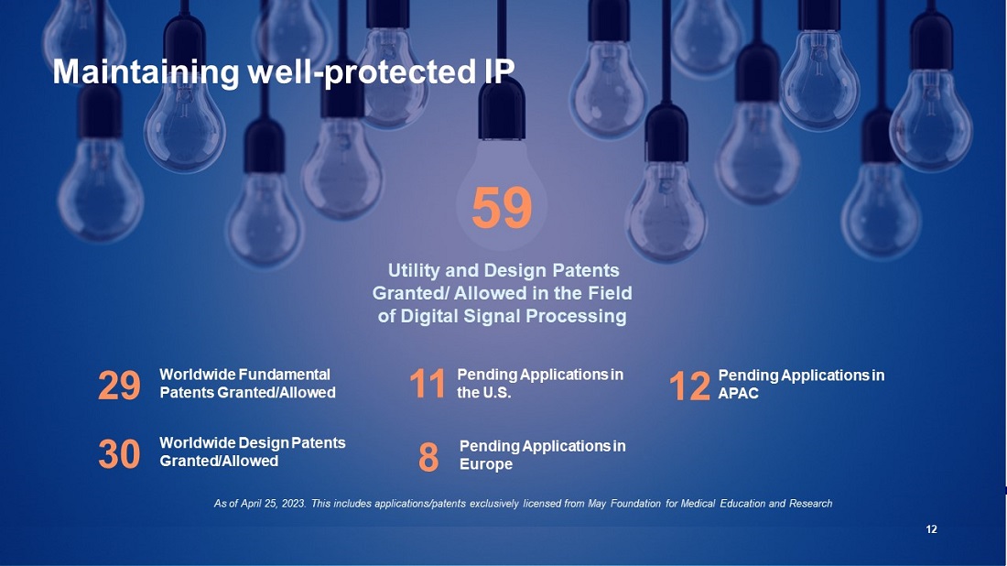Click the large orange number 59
pyautogui.click(x=502, y=208)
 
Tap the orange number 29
pyautogui.click(x=119, y=386)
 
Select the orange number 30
pyautogui.click(x=119, y=454)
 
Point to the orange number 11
pyautogui.click(x=428, y=384)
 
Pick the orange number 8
pyautogui.click(x=428, y=457)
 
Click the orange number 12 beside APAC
pyautogui.click(x=689, y=386)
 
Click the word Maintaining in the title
pyautogui.click(x=146, y=72)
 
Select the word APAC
pyautogui.click(x=739, y=393)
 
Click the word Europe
pyautogui.click(x=486, y=463)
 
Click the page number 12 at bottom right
pyautogui.click(x=931, y=529)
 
